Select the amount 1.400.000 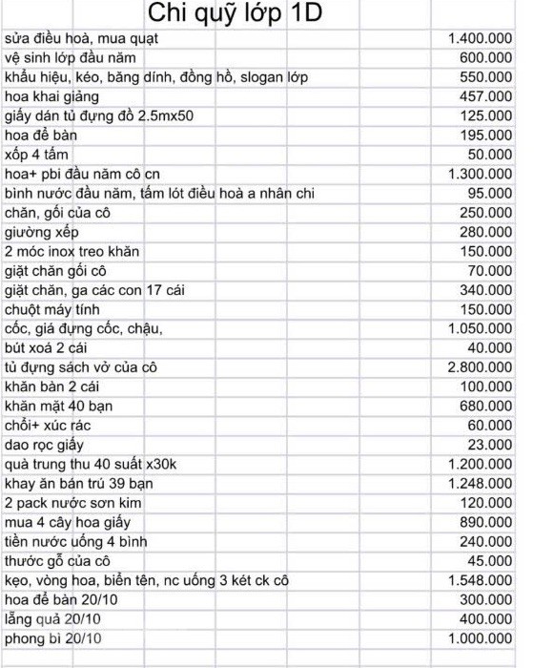click(480, 39)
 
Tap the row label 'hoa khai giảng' click(52, 97)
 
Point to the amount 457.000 click(486, 97)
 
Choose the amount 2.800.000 click(480, 367)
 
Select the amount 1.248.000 click(480, 484)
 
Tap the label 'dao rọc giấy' click(44, 445)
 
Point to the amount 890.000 click(486, 522)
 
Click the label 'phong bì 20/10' click(52, 638)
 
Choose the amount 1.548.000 click(480, 580)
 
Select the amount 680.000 click(486, 407)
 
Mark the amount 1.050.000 click(480, 329)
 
